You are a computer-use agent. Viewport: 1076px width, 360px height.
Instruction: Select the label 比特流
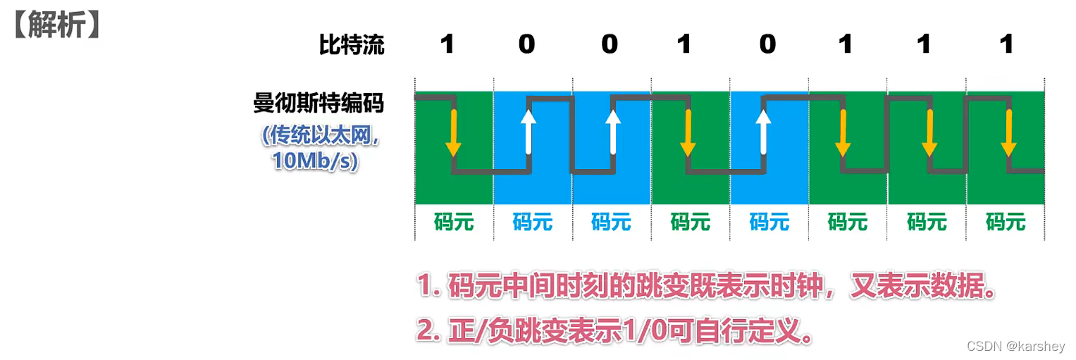click(352, 45)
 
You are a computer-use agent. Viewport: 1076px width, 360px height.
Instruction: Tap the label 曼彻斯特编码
click(319, 104)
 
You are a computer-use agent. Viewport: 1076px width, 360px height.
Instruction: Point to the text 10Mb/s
click(316, 161)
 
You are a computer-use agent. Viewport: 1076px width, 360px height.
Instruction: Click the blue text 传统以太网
click(321, 136)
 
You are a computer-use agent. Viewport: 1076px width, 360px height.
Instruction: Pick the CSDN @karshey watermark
click(1015, 347)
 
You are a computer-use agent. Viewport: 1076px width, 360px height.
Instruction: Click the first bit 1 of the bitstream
click(447, 45)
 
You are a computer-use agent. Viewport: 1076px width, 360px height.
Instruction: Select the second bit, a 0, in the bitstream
click(526, 45)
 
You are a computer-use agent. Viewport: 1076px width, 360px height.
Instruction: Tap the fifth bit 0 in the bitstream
click(767, 45)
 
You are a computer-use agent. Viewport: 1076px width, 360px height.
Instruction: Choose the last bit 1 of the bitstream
click(1006, 45)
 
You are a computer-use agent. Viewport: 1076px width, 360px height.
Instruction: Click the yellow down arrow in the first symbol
click(453, 133)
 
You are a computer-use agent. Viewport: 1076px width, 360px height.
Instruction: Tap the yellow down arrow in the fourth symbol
click(687, 133)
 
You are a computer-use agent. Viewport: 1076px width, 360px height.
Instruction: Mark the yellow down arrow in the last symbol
click(1008, 133)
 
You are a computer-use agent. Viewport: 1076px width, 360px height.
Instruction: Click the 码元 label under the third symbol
click(611, 222)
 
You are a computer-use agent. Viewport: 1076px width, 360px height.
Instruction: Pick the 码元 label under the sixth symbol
click(847, 222)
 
